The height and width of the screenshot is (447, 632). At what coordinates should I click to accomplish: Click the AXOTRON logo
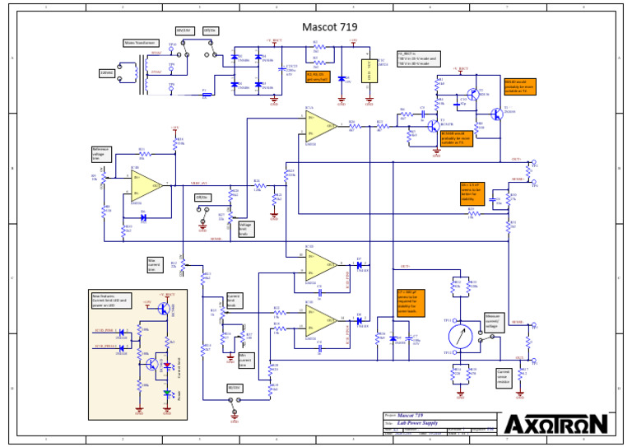click(556, 424)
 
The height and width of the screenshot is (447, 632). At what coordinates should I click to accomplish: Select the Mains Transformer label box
click(140, 43)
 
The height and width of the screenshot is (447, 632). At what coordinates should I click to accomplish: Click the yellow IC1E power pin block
click(368, 71)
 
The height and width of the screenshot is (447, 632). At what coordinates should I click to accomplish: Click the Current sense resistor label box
click(504, 376)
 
